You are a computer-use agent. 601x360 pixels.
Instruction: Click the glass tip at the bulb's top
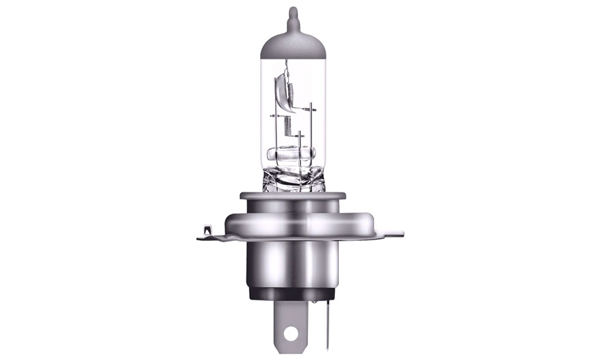coord(293,16)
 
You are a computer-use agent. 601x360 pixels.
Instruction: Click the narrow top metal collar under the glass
coord(293,200)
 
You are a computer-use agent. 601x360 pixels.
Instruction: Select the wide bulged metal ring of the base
coord(293,223)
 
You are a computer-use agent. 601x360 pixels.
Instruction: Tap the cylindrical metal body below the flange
coord(293,263)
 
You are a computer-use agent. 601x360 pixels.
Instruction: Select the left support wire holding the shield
coord(276,130)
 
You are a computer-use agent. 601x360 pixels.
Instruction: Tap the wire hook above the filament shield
coord(287,66)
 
